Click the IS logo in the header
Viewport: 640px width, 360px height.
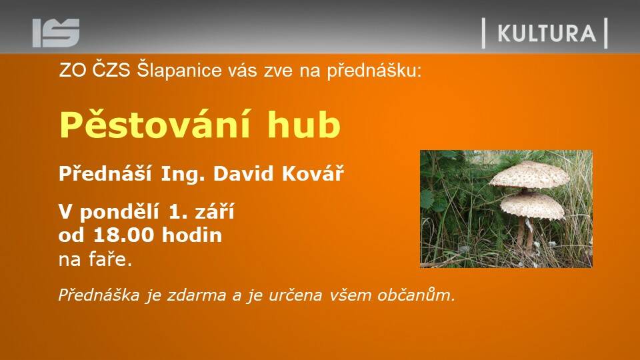pyautogui.click(x=56, y=33)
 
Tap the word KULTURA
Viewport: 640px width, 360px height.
pyautogui.click(x=547, y=33)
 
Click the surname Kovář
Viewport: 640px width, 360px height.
pyautogui.click(x=313, y=173)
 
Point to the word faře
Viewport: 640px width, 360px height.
pyautogui.click(x=111, y=259)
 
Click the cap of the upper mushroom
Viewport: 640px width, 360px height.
pyautogui.click(x=529, y=175)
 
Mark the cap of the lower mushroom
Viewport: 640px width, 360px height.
pyautogui.click(x=533, y=205)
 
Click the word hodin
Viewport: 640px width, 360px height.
pyautogui.click(x=192, y=235)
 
